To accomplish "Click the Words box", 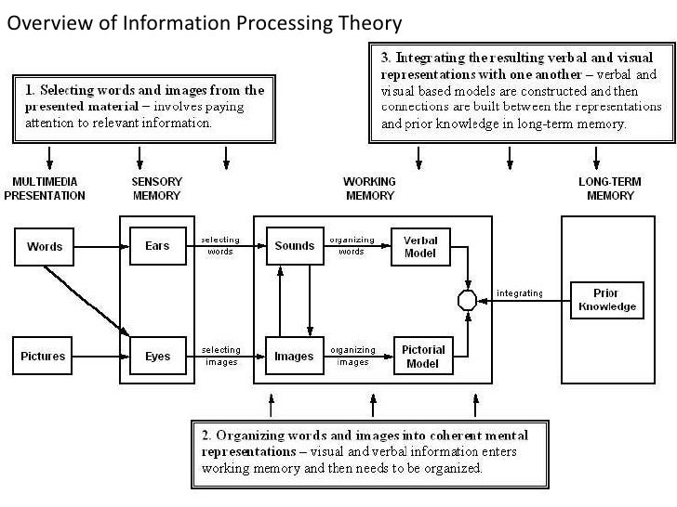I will (45, 247).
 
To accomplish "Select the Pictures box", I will (44, 357).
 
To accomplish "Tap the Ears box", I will (157, 247).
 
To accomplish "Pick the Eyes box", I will (157, 357).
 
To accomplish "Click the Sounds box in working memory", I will (294, 247).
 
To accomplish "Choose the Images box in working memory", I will (294, 357).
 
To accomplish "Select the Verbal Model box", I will (420, 247).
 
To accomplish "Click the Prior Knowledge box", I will (606, 300).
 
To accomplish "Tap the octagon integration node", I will (467, 300).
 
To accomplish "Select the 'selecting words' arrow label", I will (220, 245).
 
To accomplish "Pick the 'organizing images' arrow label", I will (352, 356).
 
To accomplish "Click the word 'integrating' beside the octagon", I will (520, 293).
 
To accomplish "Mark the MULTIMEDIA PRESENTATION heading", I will (45, 188).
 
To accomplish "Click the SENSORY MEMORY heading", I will (156, 188).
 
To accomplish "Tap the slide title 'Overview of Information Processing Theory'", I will (205, 23).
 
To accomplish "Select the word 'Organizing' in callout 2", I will (253, 435).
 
